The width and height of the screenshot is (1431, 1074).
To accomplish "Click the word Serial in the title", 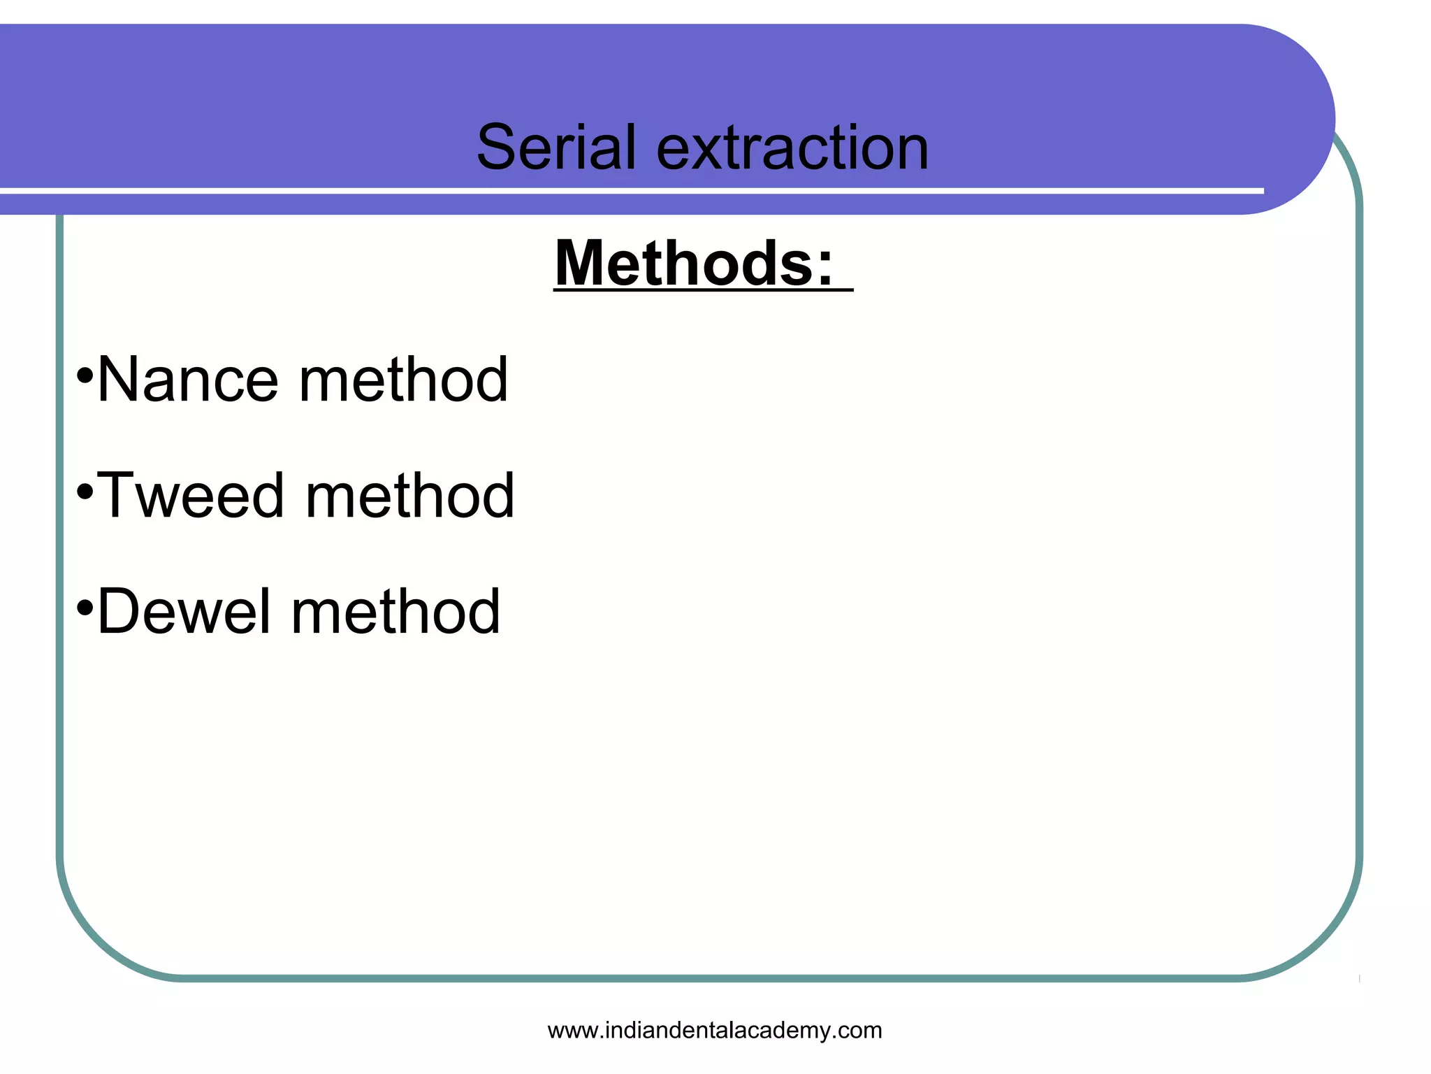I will (x=557, y=148).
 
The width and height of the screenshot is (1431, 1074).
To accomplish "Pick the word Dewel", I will (x=184, y=612).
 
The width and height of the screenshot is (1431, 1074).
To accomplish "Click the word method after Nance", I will (x=403, y=380).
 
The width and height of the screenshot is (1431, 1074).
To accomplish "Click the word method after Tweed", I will (x=410, y=496).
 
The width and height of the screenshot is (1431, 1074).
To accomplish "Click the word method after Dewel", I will (x=395, y=612).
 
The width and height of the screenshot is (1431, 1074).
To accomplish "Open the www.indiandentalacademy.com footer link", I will (x=715, y=1030).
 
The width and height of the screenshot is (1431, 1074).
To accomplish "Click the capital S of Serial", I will (x=498, y=148).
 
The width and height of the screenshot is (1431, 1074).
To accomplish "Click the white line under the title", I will (x=629, y=191).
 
